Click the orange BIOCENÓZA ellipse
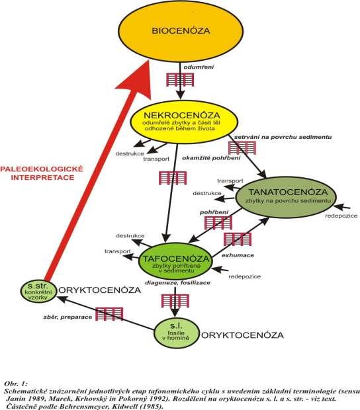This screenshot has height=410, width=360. point(181,31)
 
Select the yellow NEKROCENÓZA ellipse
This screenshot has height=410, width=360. point(184,122)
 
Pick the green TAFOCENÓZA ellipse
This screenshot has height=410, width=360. point(175,261)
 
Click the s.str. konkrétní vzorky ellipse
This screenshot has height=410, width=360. point(38,291)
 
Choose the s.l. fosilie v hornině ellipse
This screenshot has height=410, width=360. point(177,333)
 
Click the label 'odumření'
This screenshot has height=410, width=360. point(199,67)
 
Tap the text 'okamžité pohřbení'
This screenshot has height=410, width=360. point(211,158)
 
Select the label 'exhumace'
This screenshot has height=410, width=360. point(238,255)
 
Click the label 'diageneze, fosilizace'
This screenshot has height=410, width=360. point(177,282)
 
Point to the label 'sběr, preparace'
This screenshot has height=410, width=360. point(67,317)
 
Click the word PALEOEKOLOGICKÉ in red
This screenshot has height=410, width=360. point(42,169)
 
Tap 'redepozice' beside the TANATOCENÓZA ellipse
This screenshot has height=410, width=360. point(341,216)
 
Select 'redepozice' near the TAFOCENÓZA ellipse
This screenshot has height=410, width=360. point(245,276)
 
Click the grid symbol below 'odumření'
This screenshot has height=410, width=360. point(180,79)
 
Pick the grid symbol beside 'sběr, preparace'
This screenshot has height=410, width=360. point(109,313)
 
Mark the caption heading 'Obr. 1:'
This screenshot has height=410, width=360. point(16,384)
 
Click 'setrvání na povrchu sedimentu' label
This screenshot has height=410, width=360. point(283,137)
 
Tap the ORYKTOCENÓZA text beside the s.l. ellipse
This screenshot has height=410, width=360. point(242,335)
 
